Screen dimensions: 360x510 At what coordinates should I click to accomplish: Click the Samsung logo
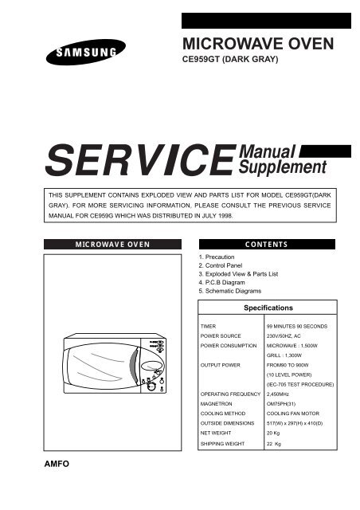point(86,52)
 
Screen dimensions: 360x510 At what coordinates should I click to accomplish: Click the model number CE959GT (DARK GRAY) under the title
point(230,60)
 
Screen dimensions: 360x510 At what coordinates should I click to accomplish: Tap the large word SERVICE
point(141,161)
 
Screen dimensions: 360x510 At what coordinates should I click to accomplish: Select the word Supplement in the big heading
point(282,167)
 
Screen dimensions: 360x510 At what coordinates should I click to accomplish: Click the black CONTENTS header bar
point(267,245)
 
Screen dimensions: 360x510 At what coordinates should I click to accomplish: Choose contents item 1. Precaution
point(217,257)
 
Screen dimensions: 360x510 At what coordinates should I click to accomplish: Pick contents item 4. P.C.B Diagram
point(221,282)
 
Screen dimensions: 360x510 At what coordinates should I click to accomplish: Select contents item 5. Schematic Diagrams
point(230,291)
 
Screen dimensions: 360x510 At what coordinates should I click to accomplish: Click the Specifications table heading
point(268,308)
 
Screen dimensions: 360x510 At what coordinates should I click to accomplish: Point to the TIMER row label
point(208,326)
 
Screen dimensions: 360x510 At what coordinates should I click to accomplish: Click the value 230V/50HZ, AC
point(284,336)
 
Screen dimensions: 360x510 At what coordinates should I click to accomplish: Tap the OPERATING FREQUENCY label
point(230,394)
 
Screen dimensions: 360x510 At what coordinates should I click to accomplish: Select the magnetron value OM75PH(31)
point(281,404)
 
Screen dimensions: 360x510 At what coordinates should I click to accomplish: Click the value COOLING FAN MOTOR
point(293,414)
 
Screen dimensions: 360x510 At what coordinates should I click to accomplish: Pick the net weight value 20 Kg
point(273,433)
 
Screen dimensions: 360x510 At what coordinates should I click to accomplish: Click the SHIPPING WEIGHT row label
point(222,444)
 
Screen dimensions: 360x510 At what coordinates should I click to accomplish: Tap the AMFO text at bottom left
point(57,464)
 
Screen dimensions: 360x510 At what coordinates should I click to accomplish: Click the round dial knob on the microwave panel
point(151,386)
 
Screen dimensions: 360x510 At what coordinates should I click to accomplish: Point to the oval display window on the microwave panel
point(151,367)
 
